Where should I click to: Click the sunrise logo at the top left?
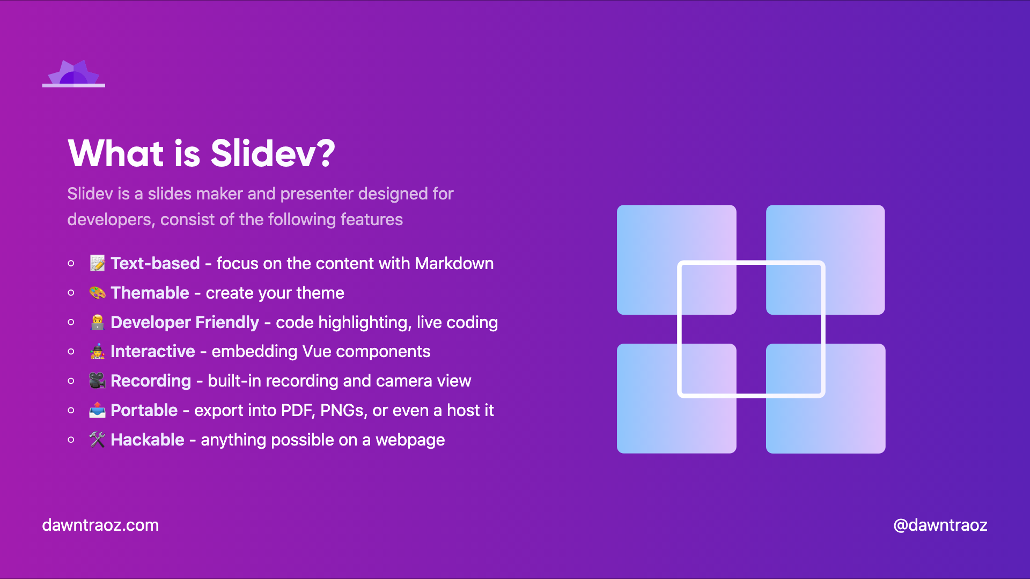click(73, 73)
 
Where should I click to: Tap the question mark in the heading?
click(323, 153)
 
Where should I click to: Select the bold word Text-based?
click(155, 263)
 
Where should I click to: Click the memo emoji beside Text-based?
click(97, 263)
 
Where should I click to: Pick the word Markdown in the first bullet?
click(454, 263)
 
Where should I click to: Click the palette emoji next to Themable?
click(97, 293)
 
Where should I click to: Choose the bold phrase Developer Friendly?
click(185, 322)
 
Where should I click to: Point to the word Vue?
click(317, 352)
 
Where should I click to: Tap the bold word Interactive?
click(153, 352)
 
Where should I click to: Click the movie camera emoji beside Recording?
click(97, 381)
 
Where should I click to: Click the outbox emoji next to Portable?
click(97, 410)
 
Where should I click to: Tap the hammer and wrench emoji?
click(97, 440)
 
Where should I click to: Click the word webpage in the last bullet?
click(410, 440)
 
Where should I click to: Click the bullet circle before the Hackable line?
click(71, 440)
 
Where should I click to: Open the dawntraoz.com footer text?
click(100, 525)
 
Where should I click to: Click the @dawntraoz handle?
click(940, 525)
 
